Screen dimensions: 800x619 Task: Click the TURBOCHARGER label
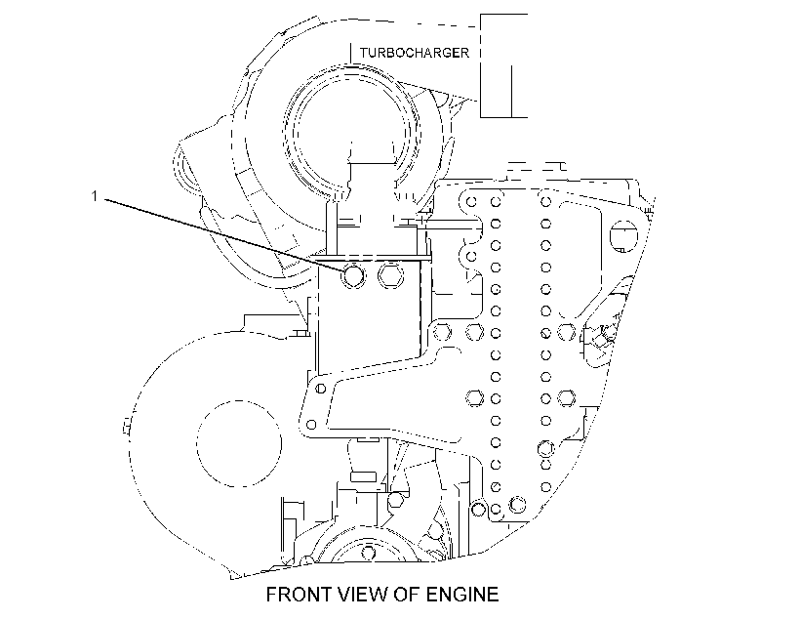point(414,53)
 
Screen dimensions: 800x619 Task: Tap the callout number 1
point(94,196)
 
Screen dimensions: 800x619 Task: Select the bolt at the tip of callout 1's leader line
point(353,275)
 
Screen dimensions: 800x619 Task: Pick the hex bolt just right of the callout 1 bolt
point(391,275)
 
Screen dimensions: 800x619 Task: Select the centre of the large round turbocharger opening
point(352,129)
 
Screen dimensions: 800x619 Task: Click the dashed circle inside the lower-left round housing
point(239,443)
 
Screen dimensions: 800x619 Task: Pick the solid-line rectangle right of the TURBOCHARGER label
point(503,65)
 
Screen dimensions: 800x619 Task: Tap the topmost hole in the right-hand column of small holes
point(545,201)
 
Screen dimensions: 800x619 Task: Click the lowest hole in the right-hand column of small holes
point(545,487)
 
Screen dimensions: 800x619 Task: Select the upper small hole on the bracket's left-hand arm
point(320,389)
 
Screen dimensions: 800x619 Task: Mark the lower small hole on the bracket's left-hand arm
point(311,425)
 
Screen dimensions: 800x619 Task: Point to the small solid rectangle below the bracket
point(363,476)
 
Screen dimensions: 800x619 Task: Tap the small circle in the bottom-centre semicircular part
point(369,553)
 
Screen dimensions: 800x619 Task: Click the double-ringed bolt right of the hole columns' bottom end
point(517,505)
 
